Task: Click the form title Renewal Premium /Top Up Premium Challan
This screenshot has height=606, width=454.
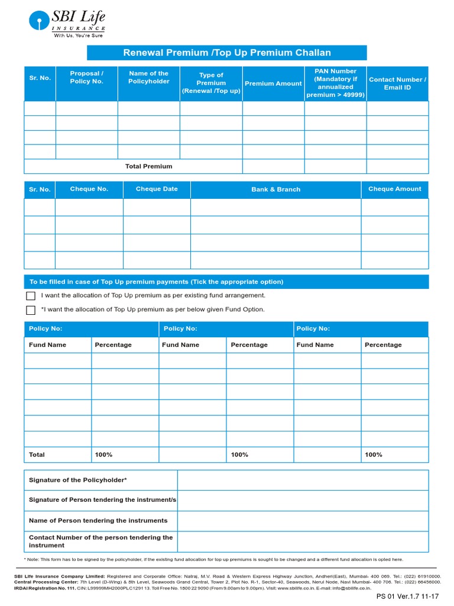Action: pyautogui.click(x=226, y=53)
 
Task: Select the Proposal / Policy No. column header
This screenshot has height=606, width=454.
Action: pyautogui.click(x=86, y=78)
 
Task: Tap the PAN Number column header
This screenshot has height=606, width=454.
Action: pyautogui.click(x=335, y=83)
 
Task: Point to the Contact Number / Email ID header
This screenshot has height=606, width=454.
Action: pyautogui.click(x=397, y=83)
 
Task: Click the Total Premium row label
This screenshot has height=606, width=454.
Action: pyautogui.click(x=148, y=166)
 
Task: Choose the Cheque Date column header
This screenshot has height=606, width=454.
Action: pyautogui.click(x=157, y=189)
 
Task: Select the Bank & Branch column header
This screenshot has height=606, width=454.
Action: pyautogui.click(x=275, y=189)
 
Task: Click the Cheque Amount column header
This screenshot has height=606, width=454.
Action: pyautogui.click(x=394, y=189)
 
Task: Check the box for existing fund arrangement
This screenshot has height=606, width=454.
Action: pyautogui.click(x=31, y=296)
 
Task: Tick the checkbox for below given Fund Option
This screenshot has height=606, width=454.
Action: pyautogui.click(x=31, y=310)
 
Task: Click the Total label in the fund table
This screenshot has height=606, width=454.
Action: pyautogui.click(x=37, y=454)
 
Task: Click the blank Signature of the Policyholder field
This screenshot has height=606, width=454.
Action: pyautogui.click(x=303, y=480)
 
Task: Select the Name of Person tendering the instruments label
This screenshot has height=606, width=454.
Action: pyautogui.click(x=98, y=521)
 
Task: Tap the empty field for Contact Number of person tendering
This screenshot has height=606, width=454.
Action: pyautogui.click(x=303, y=541)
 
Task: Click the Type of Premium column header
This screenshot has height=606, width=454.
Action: pyautogui.click(x=211, y=83)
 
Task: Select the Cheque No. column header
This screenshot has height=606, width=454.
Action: pyautogui.click(x=89, y=189)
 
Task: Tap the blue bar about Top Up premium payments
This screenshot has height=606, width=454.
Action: pyautogui.click(x=226, y=282)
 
